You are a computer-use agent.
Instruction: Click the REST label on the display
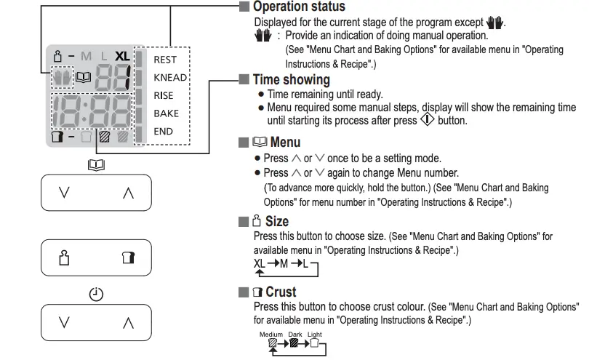point(165,60)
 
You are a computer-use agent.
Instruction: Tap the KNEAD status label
point(170,78)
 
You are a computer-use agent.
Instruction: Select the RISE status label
point(164,95)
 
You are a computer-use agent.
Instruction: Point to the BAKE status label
point(166,113)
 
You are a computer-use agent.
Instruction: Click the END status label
point(163,132)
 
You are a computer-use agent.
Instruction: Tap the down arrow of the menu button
point(64,193)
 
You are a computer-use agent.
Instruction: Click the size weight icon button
point(64,257)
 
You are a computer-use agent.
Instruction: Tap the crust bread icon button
point(129,257)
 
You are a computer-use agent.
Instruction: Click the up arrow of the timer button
point(129,321)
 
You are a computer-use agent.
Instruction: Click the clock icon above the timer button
point(96,295)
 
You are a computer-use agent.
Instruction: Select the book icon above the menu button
point(96,166)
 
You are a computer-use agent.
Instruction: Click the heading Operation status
point(299,7)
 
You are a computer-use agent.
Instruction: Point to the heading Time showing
point(291,79)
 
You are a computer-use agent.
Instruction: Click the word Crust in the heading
point(281,292)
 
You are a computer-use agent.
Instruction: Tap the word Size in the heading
point(276,221)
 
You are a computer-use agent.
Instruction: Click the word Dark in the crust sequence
point(294,335)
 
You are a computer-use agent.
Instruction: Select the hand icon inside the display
point(63,74)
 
